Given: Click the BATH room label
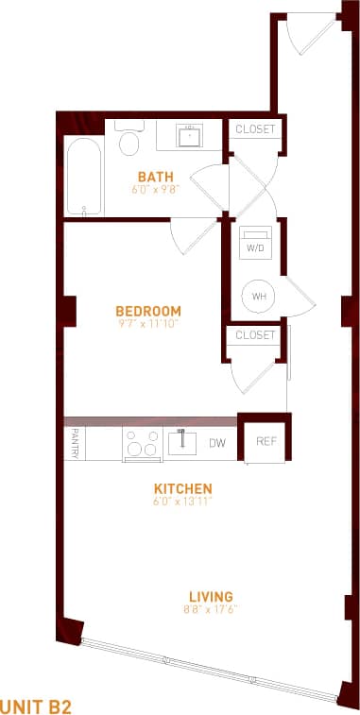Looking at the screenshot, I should tap(155, 176).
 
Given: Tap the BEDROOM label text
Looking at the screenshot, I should tap(147, 311).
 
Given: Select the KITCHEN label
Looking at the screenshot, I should tap(182, 488).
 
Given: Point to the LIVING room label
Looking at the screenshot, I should tap(210, 596).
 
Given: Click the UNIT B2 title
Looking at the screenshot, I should tap(37, 705).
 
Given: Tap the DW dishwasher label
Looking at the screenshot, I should tap(216, 442).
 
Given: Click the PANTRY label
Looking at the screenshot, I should tap(75, 443).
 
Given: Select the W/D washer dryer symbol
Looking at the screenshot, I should tap(255, 242).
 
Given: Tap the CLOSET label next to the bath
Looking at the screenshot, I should tap(254, 129).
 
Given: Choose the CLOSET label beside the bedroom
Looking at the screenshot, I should tap(255, 335).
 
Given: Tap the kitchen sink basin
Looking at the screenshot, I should tap(180, 440).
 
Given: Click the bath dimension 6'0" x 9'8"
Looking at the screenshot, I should tap(155, 189).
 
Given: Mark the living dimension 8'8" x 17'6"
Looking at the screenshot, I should tap(210, 609).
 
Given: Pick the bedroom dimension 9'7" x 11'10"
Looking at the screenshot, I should tap(147, 323).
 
